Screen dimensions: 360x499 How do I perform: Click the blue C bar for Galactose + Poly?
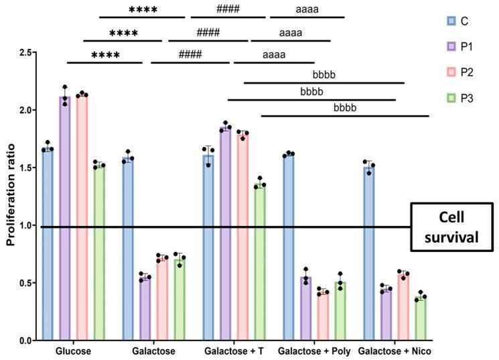click(x=289, y=247)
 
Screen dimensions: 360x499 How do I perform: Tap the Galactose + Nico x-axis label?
click(x=395, y=351)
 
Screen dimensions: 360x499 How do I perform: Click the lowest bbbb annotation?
click(x=344, y=107)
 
